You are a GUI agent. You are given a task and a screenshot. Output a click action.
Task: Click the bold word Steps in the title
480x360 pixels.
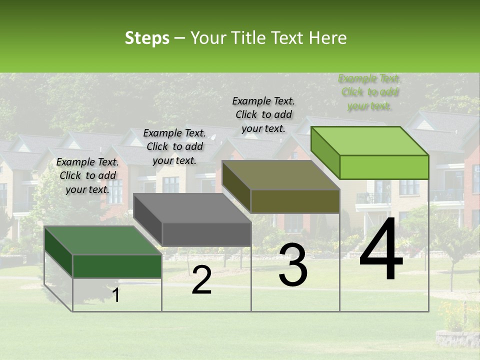147,38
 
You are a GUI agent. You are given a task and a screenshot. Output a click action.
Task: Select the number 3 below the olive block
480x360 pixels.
293,265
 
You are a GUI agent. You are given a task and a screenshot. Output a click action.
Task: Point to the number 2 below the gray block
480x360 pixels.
201,280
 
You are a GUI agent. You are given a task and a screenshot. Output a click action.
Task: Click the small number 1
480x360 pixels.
116,295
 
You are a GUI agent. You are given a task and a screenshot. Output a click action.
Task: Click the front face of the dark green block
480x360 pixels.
117,266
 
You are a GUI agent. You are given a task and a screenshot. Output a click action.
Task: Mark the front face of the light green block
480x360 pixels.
384,167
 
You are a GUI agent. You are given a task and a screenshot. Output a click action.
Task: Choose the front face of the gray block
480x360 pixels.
206,234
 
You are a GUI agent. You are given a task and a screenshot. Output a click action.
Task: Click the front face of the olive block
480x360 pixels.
295,201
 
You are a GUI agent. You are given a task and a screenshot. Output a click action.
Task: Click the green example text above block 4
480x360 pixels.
369,92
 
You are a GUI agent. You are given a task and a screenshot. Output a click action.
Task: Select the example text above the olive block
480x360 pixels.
263,114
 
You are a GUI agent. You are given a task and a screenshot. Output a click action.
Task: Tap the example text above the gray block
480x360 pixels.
174,146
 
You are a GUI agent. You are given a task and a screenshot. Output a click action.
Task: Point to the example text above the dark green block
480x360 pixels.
87,175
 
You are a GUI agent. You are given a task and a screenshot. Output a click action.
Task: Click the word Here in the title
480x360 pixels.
328,38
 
